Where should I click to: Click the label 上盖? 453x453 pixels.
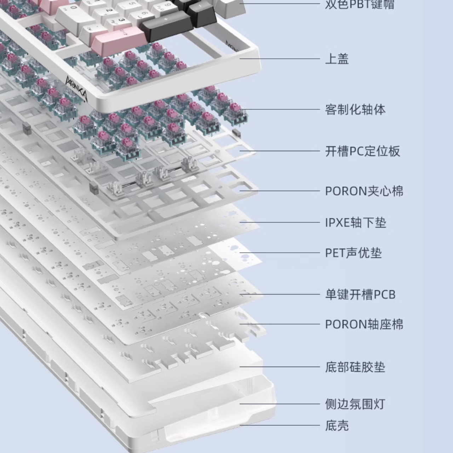point(337,59)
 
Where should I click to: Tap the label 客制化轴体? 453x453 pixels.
point(355,109)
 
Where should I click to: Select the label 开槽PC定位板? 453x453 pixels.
point(363,151)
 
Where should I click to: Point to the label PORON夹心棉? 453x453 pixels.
point(364,191)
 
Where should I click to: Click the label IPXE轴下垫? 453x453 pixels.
point(356,223)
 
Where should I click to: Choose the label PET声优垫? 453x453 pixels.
point(354,253)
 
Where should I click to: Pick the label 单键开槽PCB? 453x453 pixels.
point(360,294)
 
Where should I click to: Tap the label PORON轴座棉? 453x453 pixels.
point(364,324)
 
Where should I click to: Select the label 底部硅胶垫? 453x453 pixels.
point(355,367)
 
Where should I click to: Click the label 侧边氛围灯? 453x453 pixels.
point(355,404)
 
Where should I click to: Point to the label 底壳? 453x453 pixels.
point(337,425)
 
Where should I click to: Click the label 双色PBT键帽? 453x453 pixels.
point(360,4)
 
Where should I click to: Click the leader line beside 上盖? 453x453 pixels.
point(280,59)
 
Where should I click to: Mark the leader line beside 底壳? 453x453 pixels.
point(280,425)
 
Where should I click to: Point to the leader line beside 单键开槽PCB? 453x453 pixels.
point(280,294)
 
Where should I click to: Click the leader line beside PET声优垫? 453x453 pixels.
point(280,253)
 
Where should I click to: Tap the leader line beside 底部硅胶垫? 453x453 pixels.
point(280,367)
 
